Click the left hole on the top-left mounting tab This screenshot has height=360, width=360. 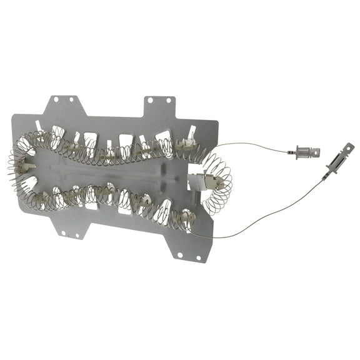(54, 98)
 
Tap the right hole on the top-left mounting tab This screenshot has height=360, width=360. (74, 98)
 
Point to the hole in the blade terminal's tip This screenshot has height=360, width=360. (348, 149)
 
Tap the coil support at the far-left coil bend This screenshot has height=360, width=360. (25, 167)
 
